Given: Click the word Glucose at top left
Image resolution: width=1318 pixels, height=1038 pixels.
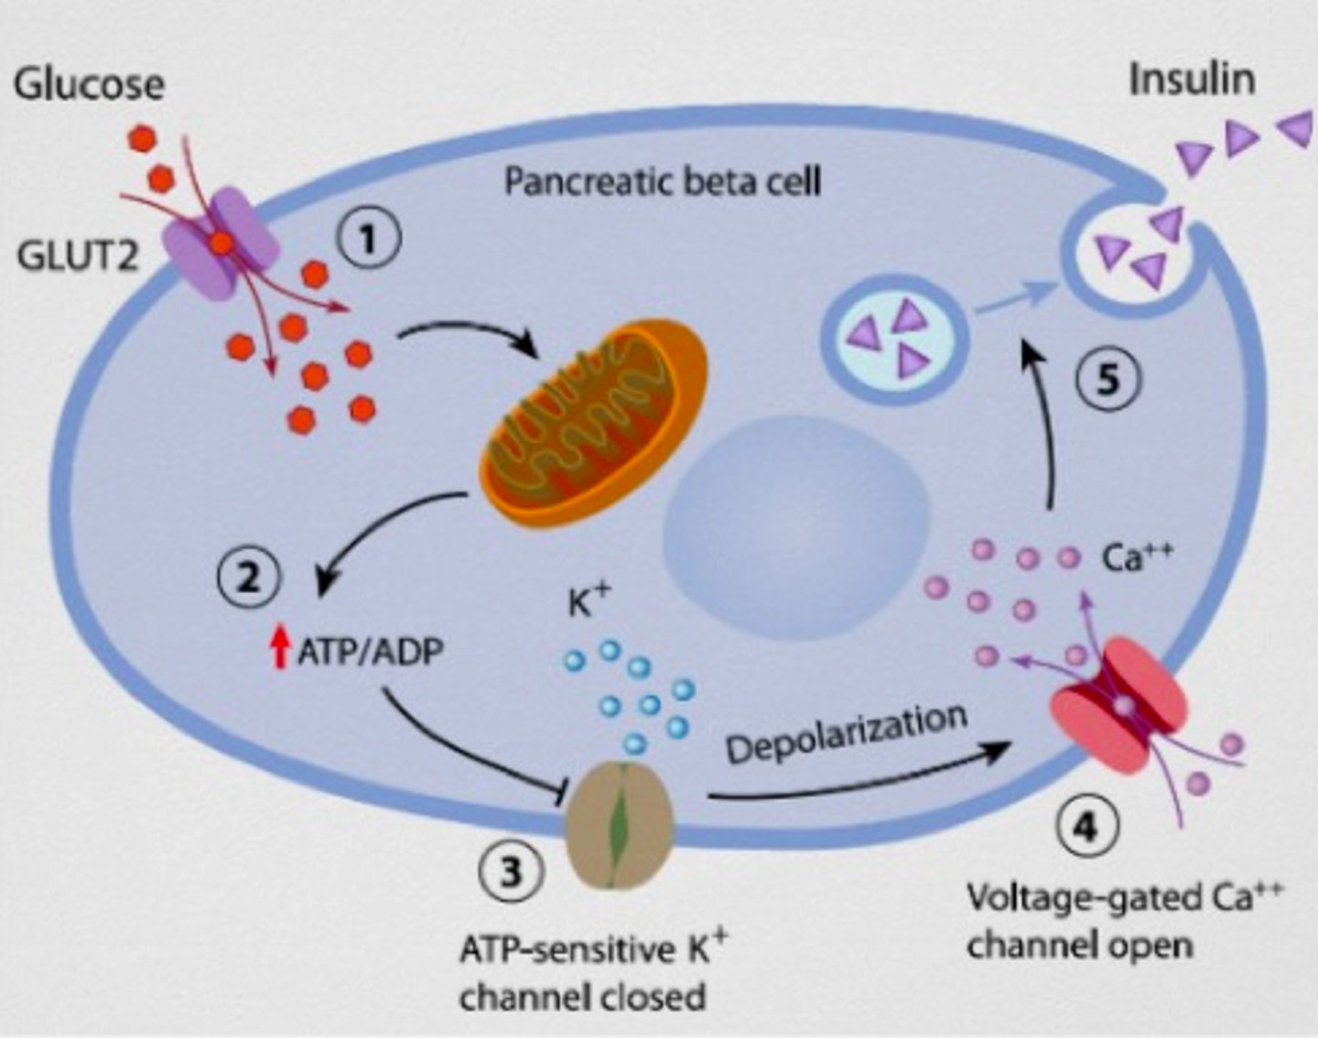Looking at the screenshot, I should pyautogui.click(x=89, y=84).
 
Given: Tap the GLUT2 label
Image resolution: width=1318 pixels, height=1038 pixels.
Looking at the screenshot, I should pyautogui.click(x=77, y=256).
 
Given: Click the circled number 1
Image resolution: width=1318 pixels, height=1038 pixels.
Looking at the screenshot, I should pyautogui.click(x=368, y=240).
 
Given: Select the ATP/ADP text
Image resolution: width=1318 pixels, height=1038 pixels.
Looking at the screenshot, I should pyautogui.click(x=370, y=651).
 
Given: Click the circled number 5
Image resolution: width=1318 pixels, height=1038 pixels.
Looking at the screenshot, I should pyautogui.click(x=1107, y=379).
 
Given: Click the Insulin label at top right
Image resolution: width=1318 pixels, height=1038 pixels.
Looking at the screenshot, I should pyautogui.click(x=1191, y=80).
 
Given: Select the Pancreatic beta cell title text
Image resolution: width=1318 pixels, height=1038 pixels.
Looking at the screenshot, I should pyautogui.click(x=663, y=181).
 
